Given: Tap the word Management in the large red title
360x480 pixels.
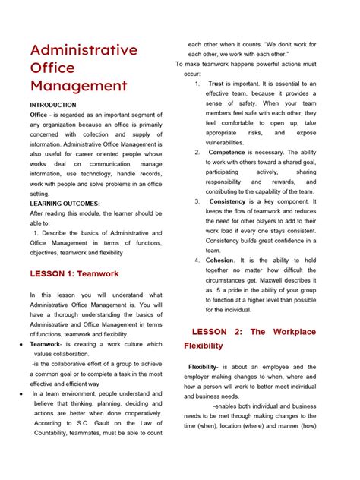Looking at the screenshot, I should [78, 86].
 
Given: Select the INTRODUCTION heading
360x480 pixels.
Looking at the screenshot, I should [53, 105].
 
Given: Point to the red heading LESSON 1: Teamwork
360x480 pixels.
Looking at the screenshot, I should [74, 273].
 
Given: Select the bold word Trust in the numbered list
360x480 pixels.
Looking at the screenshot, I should [216, 84].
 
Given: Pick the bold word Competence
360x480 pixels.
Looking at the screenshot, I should [227, 152].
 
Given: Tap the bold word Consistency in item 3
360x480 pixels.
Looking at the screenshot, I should [227, 202].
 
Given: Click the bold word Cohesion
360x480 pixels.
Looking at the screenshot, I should [219, 260].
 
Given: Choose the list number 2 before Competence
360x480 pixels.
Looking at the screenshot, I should [197, 152].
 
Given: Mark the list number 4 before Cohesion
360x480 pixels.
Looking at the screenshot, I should [197, 260].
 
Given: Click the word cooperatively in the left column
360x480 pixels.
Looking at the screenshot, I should [136, 413].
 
